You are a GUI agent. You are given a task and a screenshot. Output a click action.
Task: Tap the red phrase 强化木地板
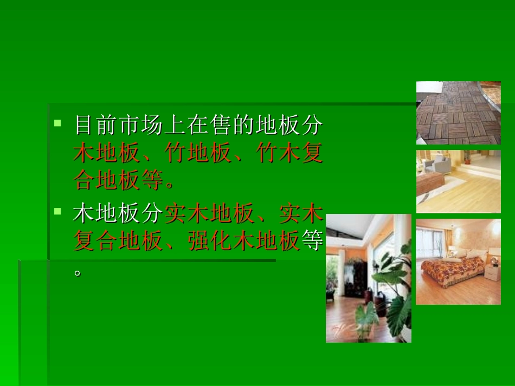coord(243,241)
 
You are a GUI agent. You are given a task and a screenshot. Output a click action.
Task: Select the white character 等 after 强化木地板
coord(311,241)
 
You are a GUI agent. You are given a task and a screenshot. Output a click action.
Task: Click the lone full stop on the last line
coord(78,272)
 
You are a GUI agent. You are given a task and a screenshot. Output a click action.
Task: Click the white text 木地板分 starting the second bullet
coord(118,214)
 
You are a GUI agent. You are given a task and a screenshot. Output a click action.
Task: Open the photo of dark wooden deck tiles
coord(458,113)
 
